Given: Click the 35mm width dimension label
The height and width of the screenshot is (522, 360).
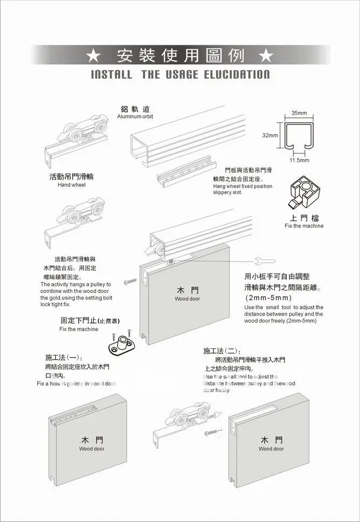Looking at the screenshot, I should coord(299,113).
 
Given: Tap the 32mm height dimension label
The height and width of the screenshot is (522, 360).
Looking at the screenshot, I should coord(270,135).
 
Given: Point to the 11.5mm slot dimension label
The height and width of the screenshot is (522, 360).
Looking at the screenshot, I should coord(300,160).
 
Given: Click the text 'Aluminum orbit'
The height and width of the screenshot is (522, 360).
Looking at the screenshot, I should coord(135,116).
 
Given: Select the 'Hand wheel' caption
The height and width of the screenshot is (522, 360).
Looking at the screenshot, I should coord(72,184).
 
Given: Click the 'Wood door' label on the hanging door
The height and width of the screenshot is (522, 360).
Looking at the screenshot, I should coord(187,298).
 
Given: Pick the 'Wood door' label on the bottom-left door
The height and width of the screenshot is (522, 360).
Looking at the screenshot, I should coord(92,449).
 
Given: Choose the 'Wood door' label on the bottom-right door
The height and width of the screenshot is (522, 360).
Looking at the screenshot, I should coord(271,449).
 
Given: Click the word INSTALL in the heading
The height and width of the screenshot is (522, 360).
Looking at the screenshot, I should coord(112,74).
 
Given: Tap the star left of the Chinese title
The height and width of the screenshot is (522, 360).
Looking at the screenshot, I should coord(93,56).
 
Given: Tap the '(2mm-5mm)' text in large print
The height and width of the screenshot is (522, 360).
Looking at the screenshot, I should coord(268,298).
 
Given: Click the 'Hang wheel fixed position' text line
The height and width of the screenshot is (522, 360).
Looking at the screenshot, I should coord(243,186).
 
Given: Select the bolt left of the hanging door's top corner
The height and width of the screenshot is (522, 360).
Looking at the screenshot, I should coord(129,281).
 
